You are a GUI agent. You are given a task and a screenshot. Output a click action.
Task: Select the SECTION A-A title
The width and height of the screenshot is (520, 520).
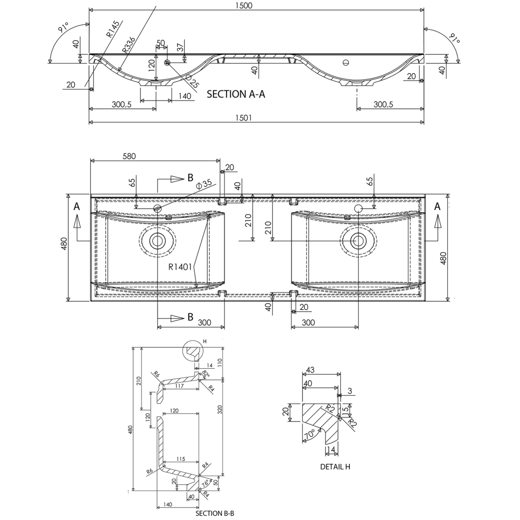236,94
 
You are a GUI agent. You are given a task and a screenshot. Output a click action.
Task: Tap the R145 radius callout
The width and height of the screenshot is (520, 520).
113,29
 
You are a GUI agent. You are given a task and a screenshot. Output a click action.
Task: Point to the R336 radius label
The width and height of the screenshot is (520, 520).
128,46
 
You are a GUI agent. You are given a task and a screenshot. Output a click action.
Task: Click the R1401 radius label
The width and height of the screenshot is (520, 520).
180,266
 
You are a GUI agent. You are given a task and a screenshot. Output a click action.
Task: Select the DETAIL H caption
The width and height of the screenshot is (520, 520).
335,466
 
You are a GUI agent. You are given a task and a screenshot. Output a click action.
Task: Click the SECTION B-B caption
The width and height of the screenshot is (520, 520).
215,513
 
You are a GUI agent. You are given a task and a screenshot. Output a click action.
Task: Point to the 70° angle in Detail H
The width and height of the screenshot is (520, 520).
309,436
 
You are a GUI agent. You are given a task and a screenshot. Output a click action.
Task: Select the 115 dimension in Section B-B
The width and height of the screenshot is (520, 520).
180,459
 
